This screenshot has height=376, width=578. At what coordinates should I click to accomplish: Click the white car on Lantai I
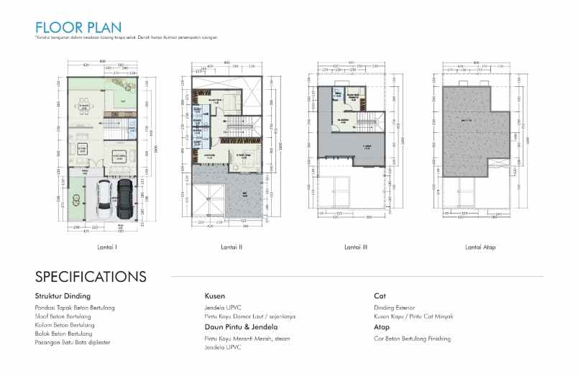[105, 199]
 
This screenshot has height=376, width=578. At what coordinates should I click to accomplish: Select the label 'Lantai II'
[231, 247]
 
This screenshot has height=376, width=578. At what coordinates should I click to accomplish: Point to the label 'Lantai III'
[356, 247]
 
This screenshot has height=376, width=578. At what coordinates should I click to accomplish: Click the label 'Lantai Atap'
[480, 247]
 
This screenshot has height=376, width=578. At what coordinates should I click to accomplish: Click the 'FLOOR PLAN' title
[73, 27]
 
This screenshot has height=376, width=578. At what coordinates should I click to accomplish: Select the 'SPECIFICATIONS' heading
[91, 277]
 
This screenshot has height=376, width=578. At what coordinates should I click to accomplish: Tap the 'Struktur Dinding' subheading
[63, 295]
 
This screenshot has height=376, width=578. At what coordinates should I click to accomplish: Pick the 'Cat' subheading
[380, 295]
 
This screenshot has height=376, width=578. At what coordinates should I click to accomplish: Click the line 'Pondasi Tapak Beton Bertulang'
[75, 307]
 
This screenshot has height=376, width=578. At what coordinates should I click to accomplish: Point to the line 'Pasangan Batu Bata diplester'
[70, 342]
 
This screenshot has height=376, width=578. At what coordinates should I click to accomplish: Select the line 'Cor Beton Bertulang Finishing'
[413, 338]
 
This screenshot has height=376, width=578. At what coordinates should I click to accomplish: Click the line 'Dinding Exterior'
[394, 307]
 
